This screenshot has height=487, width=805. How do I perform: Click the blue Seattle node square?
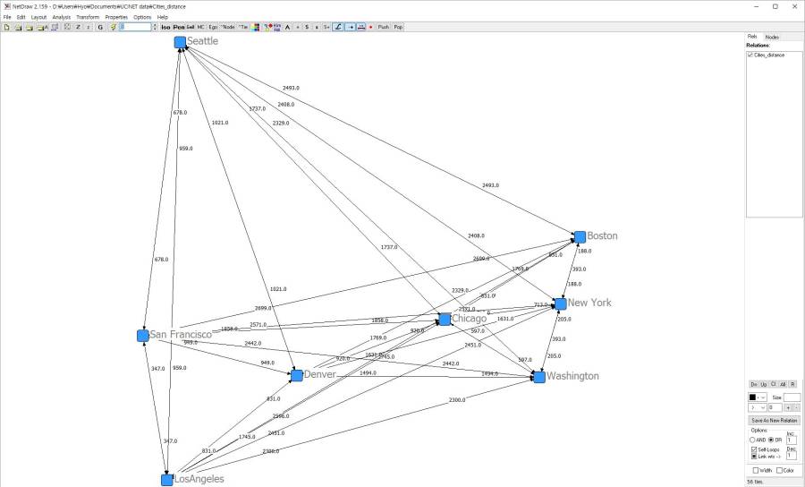(x=180, y=42)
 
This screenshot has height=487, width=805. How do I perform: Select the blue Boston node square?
(x=580, y=236)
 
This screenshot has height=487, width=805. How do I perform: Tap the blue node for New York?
(x=560, y=303)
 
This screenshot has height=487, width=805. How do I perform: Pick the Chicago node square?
(x=445, y=320)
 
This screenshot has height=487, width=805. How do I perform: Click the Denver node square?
(x=296, y=375)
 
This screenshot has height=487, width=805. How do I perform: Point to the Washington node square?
(x=539, y=377)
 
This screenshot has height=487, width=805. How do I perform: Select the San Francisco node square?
(x=143, y=336)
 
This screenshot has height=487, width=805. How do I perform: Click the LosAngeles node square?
(x=167, y=480)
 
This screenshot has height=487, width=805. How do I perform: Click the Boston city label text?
(x=602, y=236)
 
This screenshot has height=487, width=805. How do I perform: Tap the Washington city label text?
(x=572, y=376)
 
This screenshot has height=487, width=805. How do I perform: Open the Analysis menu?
(x=62, y=17)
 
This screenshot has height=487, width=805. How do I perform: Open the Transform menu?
(x=88, y=17)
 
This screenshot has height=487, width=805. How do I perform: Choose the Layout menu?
(x=38, y=17)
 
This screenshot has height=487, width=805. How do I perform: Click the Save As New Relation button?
(x=774, y=420)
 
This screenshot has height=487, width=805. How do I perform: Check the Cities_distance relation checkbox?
(x=750, y=56)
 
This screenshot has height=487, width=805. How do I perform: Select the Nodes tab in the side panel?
(x=772, y=37)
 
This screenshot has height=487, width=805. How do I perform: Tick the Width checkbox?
(x=756, y=470)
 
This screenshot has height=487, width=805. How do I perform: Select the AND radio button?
(x=753, y=440)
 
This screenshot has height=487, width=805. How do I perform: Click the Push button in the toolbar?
(x=383, y=27)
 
